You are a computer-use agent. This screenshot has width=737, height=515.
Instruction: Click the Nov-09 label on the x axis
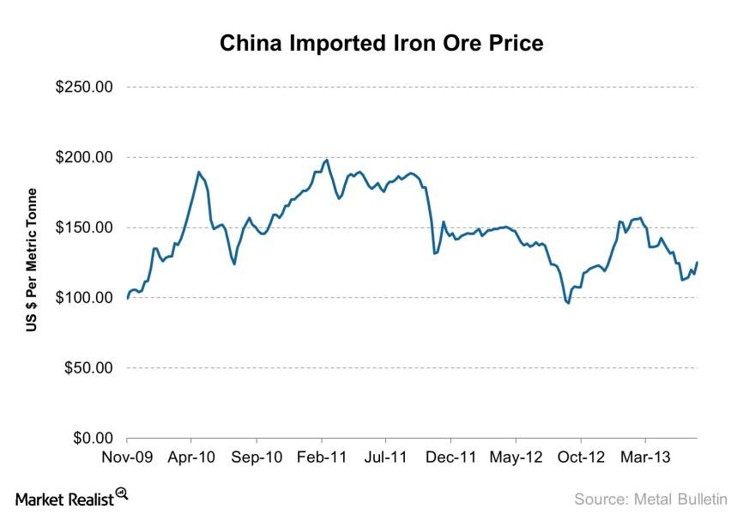(x=127, y=457)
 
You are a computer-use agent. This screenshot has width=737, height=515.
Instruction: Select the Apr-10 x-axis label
(x=192, y=457)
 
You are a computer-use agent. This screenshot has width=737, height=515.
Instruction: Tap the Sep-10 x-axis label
(x=257, y=457)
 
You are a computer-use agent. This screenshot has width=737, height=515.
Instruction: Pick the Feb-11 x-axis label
(x=323, y=457)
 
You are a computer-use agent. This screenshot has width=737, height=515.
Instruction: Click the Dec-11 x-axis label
(x=451, y=457)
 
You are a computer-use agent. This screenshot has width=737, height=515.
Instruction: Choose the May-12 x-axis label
(x=517, y=457)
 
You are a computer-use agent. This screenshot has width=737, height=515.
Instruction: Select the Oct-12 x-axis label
(x=581, y=457)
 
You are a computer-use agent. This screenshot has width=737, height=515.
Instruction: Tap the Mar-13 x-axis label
(x=645, y=457)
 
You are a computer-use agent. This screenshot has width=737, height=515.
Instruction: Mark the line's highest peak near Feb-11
(x=327, y=160)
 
